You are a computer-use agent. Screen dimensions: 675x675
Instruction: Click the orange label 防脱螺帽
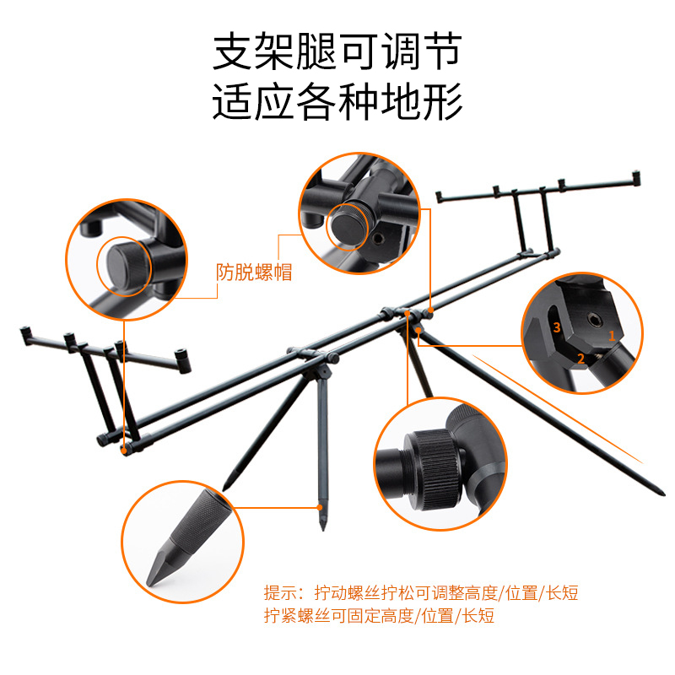pos(254,272)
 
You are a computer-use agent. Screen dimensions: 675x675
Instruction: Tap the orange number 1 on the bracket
pos(611,335)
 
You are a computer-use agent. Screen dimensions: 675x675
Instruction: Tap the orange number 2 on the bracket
pos(580,358)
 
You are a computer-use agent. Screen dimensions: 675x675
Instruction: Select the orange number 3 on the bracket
pos(557,327)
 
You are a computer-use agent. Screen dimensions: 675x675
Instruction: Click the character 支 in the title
pos(233,51)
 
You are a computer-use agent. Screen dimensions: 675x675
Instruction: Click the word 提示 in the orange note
pos(281,593)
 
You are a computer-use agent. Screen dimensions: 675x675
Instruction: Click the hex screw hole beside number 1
pos(594,320)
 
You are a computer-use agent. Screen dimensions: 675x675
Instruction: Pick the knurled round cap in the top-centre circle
pos(349,225)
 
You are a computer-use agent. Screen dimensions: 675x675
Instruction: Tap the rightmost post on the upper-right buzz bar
pos(636,177)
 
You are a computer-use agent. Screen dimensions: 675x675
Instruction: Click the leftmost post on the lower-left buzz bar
pos(25,334)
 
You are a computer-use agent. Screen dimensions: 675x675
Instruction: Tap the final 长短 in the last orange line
pos(478,616)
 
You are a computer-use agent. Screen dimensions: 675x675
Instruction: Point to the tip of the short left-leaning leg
pos(225,489)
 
